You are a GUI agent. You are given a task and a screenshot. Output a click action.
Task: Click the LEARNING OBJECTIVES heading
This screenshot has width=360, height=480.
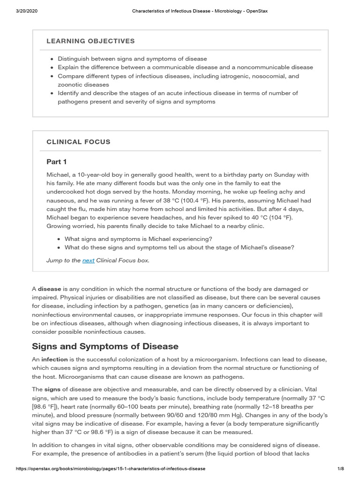[90, 41]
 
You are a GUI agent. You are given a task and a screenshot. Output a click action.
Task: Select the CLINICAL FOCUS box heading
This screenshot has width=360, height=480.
[78, 142]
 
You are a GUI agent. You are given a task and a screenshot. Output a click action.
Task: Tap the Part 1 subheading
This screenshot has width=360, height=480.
[57, 162]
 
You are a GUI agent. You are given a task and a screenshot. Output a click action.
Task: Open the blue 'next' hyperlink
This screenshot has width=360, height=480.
[88, 261]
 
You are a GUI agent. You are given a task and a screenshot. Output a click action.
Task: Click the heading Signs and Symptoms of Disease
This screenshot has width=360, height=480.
[105, 346]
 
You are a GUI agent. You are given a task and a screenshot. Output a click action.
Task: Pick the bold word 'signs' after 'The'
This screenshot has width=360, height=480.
[52, 390]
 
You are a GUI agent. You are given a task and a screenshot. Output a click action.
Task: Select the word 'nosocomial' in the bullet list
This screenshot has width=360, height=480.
[266, 76]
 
